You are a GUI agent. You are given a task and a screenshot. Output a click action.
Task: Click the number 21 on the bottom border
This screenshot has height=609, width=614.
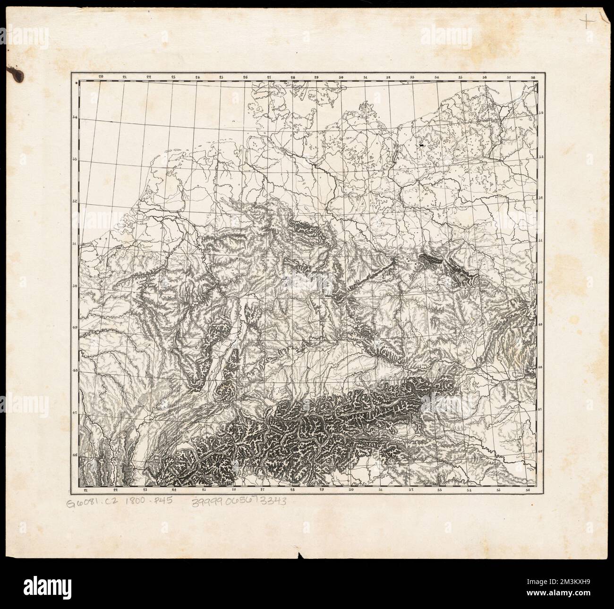point(85,491)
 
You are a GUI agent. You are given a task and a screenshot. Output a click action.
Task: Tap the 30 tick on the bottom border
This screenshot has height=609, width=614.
point(351,491)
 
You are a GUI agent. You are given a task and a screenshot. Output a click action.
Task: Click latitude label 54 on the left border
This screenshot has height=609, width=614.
point(75,118)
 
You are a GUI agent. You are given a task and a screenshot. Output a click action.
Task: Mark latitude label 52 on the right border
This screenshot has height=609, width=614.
point(541,199)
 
